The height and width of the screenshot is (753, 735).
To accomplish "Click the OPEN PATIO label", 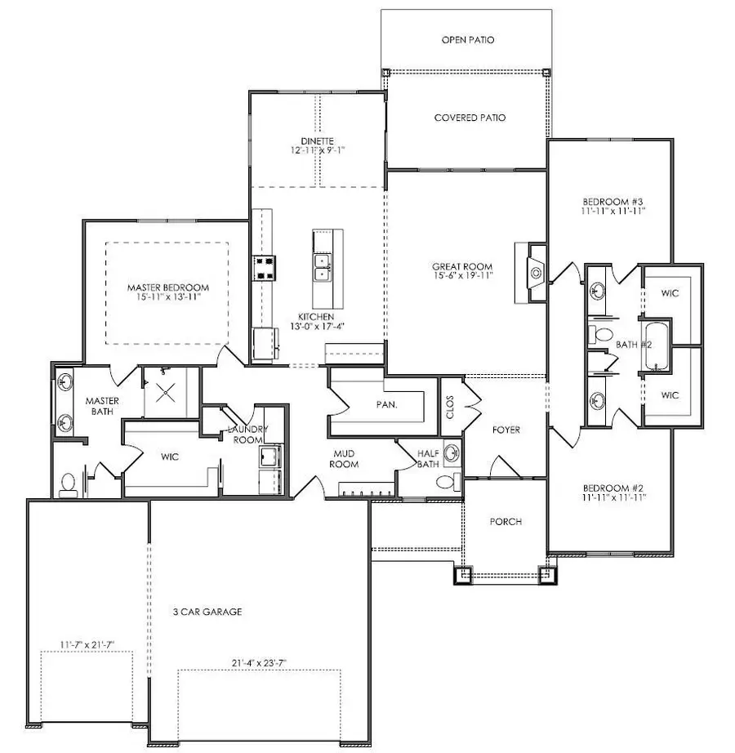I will pos(468,39).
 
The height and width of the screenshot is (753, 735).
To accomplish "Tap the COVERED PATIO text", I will pos(469,118).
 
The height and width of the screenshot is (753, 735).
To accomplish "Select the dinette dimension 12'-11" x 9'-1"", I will pos(318,150).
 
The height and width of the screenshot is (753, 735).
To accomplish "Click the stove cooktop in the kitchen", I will pos(264,268).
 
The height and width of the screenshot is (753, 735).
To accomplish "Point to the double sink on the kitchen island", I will pos(323,267).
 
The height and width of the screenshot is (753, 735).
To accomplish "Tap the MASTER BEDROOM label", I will pos(167,287).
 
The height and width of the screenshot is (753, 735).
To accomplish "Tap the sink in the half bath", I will pos(448,480).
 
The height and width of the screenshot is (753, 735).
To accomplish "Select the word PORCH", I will pos(506,522).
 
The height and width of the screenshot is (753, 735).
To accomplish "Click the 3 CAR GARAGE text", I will pos(207,611).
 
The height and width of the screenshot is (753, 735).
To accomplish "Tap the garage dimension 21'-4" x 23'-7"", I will pos(259,662).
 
